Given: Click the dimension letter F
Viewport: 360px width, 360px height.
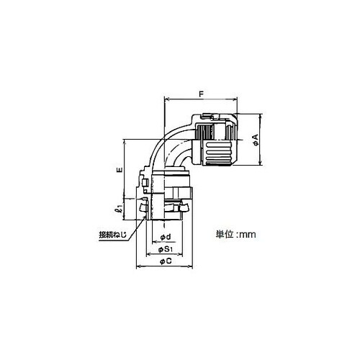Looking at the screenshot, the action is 202,94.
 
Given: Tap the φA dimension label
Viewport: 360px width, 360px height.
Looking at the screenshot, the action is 256,140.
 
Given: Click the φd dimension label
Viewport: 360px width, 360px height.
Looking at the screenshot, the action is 166,237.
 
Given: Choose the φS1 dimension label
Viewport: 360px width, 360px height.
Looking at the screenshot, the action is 166,250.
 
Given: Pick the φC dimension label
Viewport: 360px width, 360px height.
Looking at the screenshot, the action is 166,261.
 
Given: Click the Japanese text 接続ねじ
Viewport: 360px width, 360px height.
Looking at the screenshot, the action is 113,235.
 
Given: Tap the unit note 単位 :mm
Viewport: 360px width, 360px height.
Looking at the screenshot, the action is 235,234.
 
